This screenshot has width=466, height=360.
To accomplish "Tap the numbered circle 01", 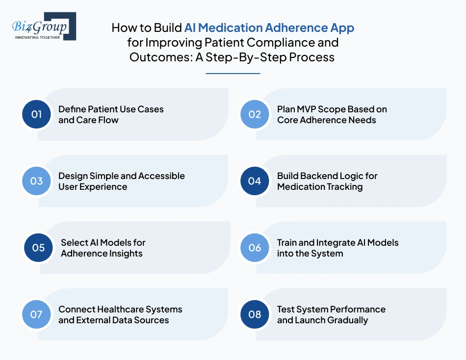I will click(37, 114).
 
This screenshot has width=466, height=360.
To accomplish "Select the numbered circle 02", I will click(255, 114).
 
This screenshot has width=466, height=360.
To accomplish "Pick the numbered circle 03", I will click(37, 181).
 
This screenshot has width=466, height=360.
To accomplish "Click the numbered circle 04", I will click(255, 181).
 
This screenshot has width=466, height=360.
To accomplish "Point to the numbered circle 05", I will click(39, 248).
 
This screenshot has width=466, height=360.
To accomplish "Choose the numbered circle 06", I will click(255, 248).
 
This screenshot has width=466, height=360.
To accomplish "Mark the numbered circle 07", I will click(37, 314).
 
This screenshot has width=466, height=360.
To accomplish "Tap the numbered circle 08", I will click(255, 314).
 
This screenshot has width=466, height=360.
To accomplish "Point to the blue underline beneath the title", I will click(233, 74).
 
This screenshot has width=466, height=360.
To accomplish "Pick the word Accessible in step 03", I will click(161, 176).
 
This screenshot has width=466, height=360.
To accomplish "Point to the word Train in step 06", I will click(287, 242).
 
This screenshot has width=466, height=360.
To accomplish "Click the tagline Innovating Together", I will click(38, 37).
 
